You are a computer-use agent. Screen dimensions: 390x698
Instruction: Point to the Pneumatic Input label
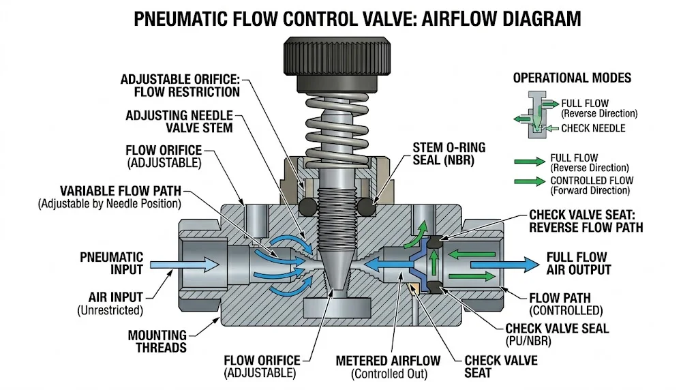[x=112, y=262]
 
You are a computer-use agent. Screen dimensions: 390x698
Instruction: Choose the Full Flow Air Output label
[x=579, y=263]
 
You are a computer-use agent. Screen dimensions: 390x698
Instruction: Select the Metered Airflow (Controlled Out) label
[x=388, y=367]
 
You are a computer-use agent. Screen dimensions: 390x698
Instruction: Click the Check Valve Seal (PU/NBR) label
[x=557, y=334]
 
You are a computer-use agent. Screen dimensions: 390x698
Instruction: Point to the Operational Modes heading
[x=572, y=78]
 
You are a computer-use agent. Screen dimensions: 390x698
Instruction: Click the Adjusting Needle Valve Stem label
[x=179, y=121]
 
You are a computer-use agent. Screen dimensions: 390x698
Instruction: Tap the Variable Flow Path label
[x=120, y=196]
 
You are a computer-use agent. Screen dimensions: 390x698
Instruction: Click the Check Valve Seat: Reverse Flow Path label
[x=586, y=220]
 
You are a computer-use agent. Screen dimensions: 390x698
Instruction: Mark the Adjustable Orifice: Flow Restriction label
[x=180, y=86]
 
